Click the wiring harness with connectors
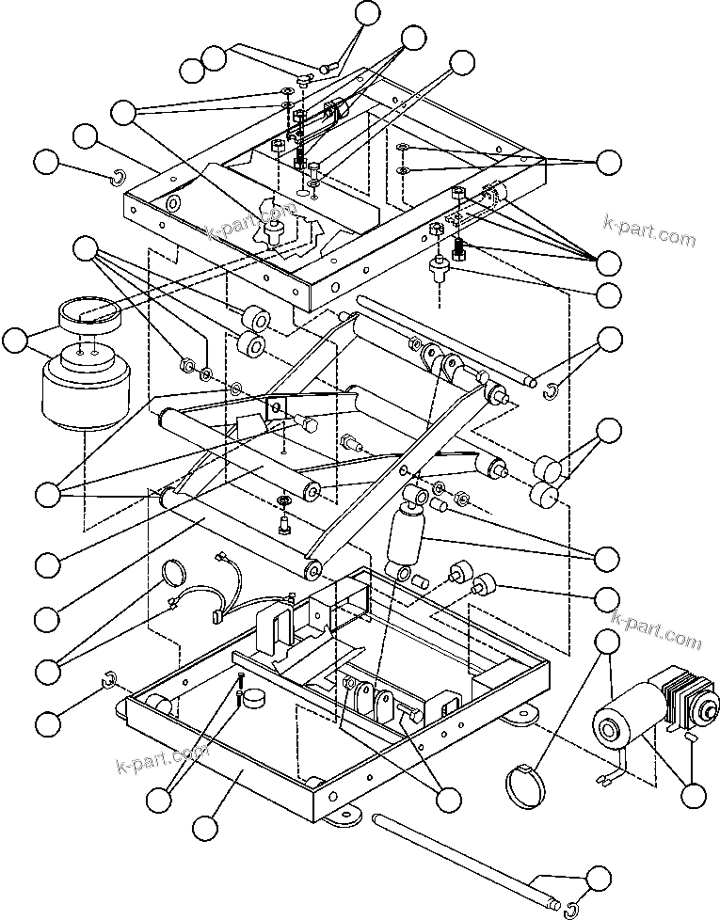[226, 593]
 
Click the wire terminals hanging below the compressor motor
[604, 775]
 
